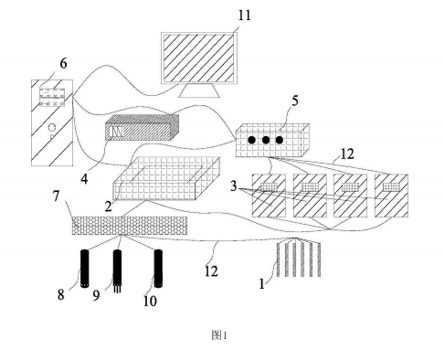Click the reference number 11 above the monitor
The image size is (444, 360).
244,16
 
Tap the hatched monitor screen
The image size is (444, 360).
199,58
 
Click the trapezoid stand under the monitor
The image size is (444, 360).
199,90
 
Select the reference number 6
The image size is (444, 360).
63,64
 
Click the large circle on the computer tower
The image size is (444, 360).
52,126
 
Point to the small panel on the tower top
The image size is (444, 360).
52,98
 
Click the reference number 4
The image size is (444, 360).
84,179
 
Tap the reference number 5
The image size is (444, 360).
295,101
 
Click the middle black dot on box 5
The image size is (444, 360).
266,140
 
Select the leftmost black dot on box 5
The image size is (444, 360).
251,140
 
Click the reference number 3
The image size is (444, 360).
234,185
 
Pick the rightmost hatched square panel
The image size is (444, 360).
391,196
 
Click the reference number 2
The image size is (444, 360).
109,206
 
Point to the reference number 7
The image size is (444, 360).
56,196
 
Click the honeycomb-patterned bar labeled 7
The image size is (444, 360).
130,226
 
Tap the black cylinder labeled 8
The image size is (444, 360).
85,269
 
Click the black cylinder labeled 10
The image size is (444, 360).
158,269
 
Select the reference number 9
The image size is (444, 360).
96,295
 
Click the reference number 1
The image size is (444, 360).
262,284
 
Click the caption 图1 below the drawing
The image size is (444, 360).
219,335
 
